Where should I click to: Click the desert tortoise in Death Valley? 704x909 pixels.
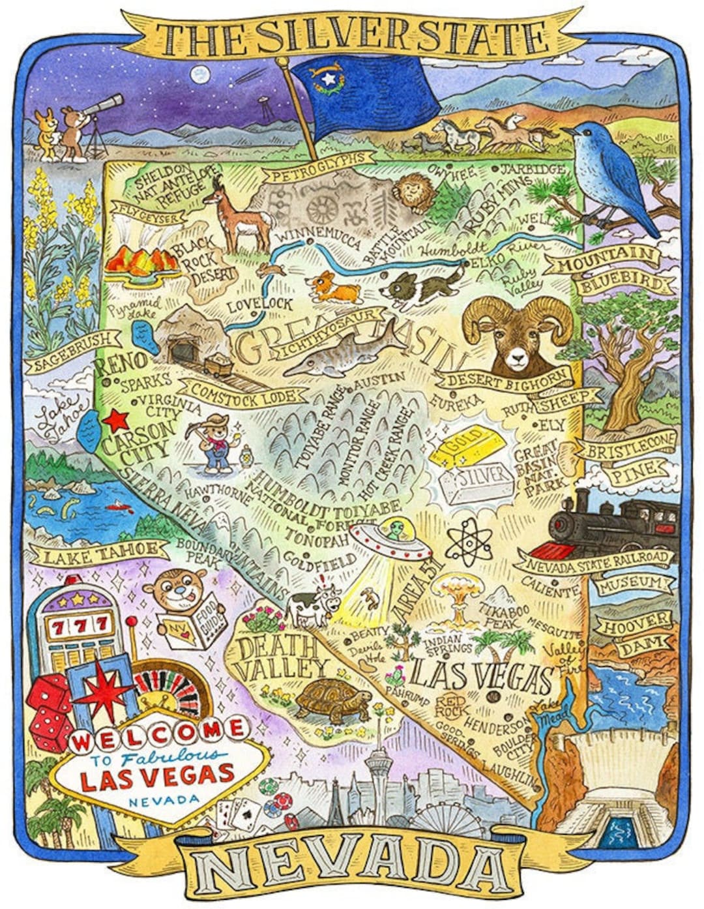pyautogui.click(x=331, y=700)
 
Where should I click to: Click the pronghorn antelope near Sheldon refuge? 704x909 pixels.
pyautogui.click(x=238, y=215)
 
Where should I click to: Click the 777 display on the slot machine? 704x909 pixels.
pyautogui.click(x=79, y=627)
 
